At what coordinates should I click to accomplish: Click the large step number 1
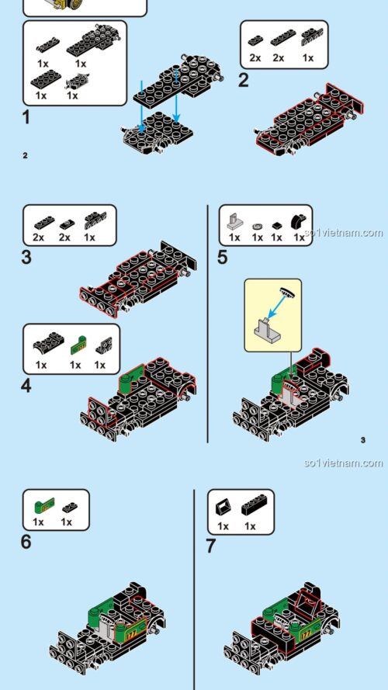click(26, 118)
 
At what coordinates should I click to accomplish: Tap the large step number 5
click(223, 258)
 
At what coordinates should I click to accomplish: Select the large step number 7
click(210, 546)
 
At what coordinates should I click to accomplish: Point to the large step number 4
click(26, 384)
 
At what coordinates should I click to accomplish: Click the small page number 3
click(362, 441)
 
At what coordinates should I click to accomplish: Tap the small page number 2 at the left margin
click(25, 155)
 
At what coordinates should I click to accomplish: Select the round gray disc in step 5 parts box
click(258, 224)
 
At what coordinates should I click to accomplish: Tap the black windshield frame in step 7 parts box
click(222, 507)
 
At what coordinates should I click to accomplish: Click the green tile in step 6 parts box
click(39, 505)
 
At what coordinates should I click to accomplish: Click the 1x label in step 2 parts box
click(308, 57)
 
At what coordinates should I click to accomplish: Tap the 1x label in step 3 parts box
click(90, 238)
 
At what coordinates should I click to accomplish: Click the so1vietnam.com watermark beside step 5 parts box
click(344, 232)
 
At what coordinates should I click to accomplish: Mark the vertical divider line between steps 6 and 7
click(194, 590)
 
